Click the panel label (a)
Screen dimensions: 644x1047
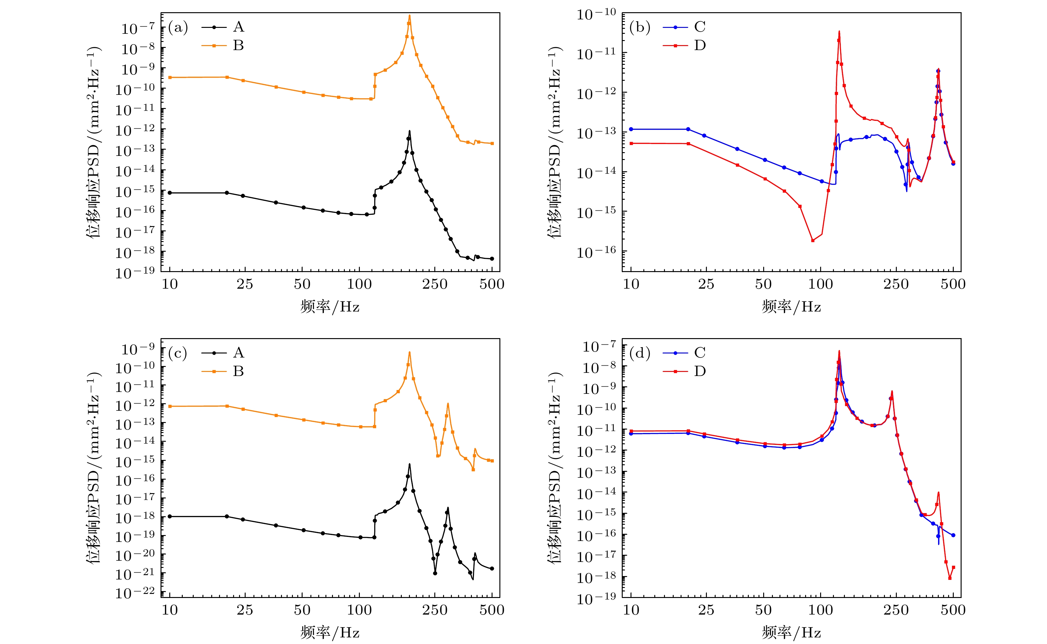coord(178,27)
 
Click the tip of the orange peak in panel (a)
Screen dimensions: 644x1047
coord(409,16)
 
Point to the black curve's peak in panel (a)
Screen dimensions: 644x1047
coord(409,131)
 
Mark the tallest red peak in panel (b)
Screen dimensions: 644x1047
coord(839,31)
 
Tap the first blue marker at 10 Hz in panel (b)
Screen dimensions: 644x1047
coord(631,129)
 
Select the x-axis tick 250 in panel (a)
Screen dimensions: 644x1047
coord(435,284)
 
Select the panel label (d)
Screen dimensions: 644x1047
coord(640,353)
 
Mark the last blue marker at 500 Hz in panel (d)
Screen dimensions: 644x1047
coord(953,535)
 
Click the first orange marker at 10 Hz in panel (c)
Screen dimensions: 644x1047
coord(170,406)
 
